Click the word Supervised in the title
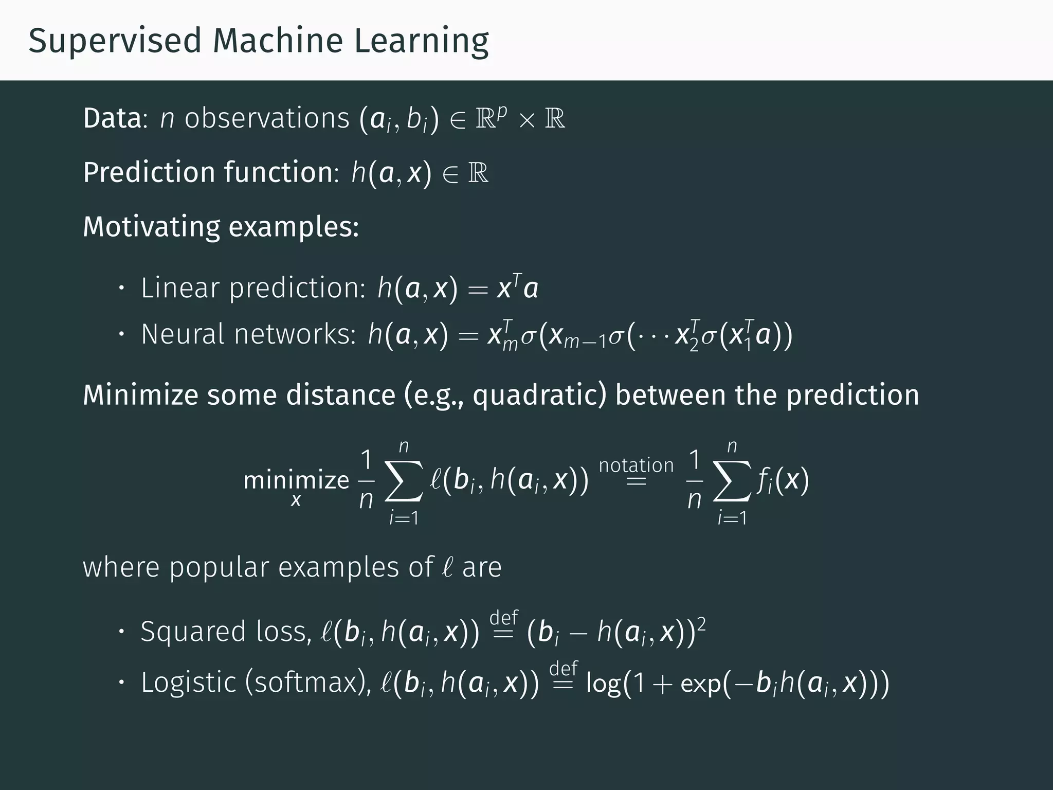coord(115,41)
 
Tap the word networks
coord(295,334)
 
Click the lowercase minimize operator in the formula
coord(296,480)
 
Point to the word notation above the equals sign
coord(636,465)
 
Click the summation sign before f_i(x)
coord(732,481)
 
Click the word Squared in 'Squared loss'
coord(193,632)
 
